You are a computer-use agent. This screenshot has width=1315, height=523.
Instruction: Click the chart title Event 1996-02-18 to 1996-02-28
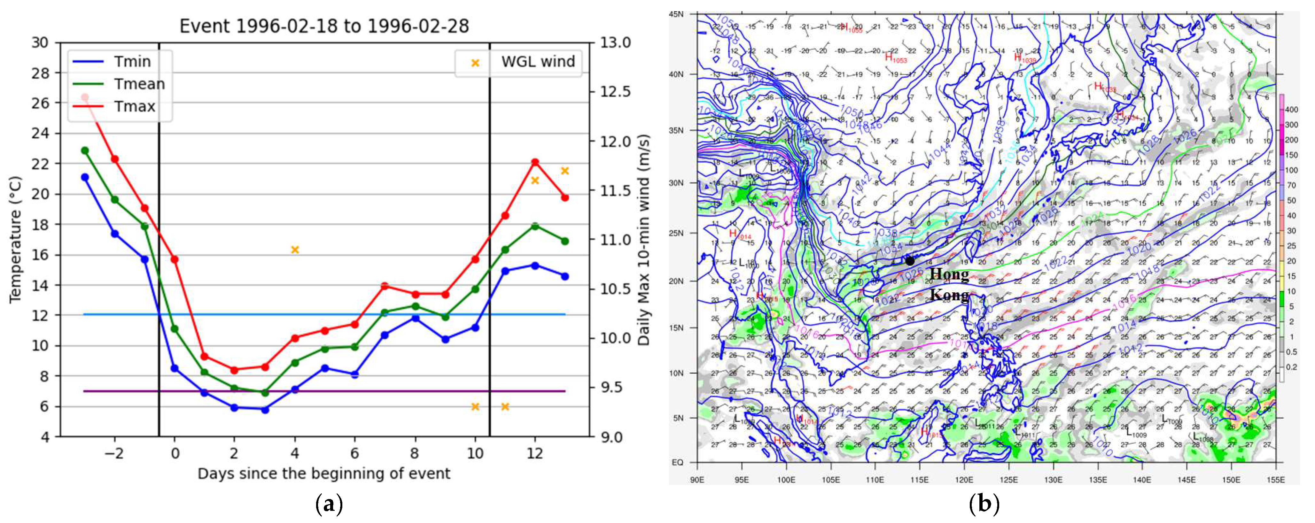pos(324,26)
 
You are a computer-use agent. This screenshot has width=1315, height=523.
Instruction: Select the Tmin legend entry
pos(132,62)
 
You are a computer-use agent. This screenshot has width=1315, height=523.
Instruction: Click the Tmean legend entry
pos(139,84)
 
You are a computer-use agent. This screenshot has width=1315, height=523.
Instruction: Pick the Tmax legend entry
pos(134,107)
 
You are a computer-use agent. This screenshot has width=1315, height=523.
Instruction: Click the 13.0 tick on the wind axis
pos(615,42)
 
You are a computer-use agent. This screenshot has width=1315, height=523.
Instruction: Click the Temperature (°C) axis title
pos(15,240)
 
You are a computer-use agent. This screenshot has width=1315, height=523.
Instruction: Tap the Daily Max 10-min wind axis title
pos(644,240)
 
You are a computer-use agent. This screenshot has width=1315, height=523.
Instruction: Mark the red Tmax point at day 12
pos(535,162)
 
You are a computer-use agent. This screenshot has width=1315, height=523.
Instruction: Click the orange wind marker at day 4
pos(294,250)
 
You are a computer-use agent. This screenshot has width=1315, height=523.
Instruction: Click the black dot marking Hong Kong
pos(910,261)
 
